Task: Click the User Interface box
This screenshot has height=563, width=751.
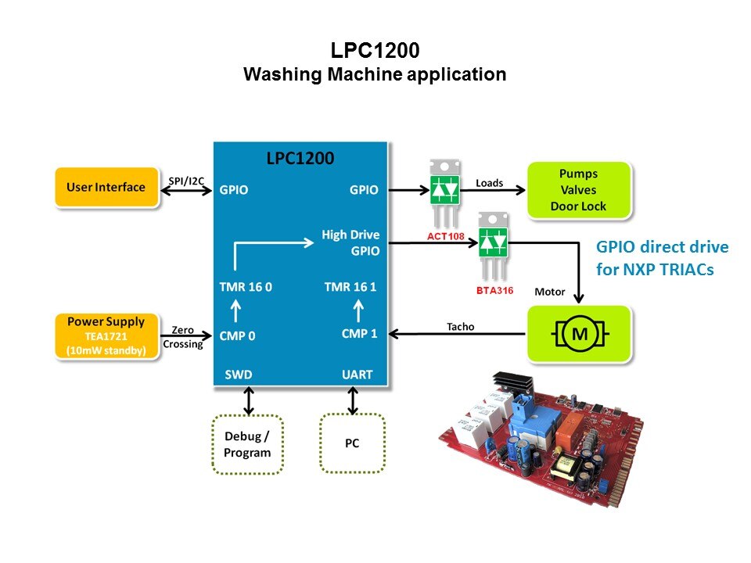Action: click(x=106, y=188)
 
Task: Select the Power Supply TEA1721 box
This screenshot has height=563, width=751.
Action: click(x=106, y=336)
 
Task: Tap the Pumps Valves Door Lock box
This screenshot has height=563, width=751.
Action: click(x=578, y=190)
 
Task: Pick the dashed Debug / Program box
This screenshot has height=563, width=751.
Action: click(x=247, y=444)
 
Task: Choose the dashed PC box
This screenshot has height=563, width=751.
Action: click(x=352, y=443)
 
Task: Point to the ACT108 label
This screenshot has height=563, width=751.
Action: click(x=447, y=235)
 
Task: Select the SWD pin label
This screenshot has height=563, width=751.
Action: click(x=239, y=375)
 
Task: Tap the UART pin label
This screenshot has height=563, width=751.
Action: click(x=358, y=375)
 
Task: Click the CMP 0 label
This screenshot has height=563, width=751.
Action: click(x=237, y=336)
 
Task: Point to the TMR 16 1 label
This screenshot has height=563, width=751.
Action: click(x=350, y=287)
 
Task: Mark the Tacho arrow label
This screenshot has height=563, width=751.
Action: click(x=460, y=326)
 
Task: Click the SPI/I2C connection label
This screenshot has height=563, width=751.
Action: click(x=186, y=181)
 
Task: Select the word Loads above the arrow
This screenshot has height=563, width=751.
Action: click(x=490, y=183)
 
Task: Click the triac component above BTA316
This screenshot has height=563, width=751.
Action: click(x=493, y=246)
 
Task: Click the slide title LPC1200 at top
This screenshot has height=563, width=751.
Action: click(x=375, y=51)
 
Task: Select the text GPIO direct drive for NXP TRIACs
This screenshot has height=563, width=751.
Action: click(x=663, y=256)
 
